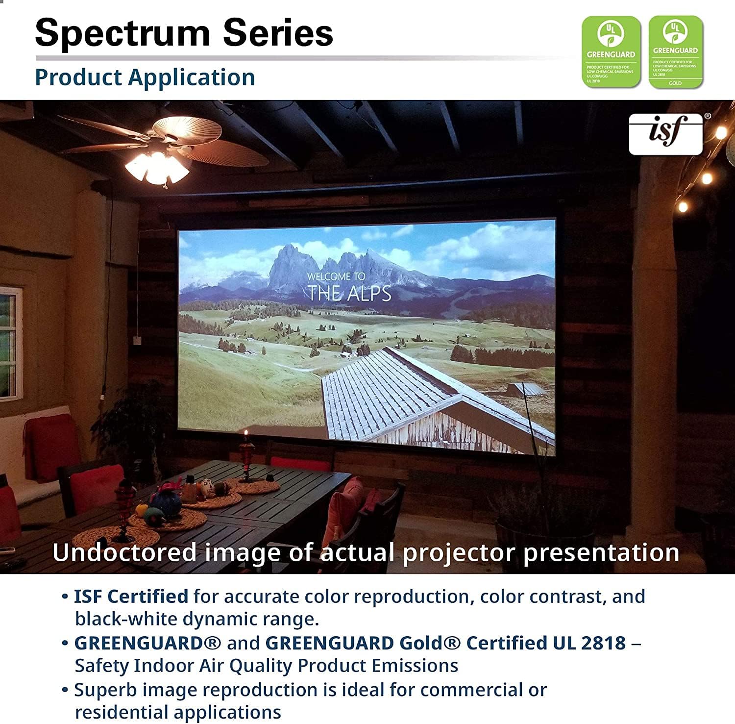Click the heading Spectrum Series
(x=184, y=33)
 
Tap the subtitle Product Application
(x=145, y=77)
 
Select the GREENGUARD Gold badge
(x=675, y=52)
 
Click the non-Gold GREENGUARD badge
(x=611, y=52)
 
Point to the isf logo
(x=666, y=133)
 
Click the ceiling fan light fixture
(x=156, y=168)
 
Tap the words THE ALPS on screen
(x=349, y=293)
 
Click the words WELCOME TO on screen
(x=336, y=276)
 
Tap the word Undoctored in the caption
(x=124, y=552)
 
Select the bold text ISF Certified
(x=131, y=597)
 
